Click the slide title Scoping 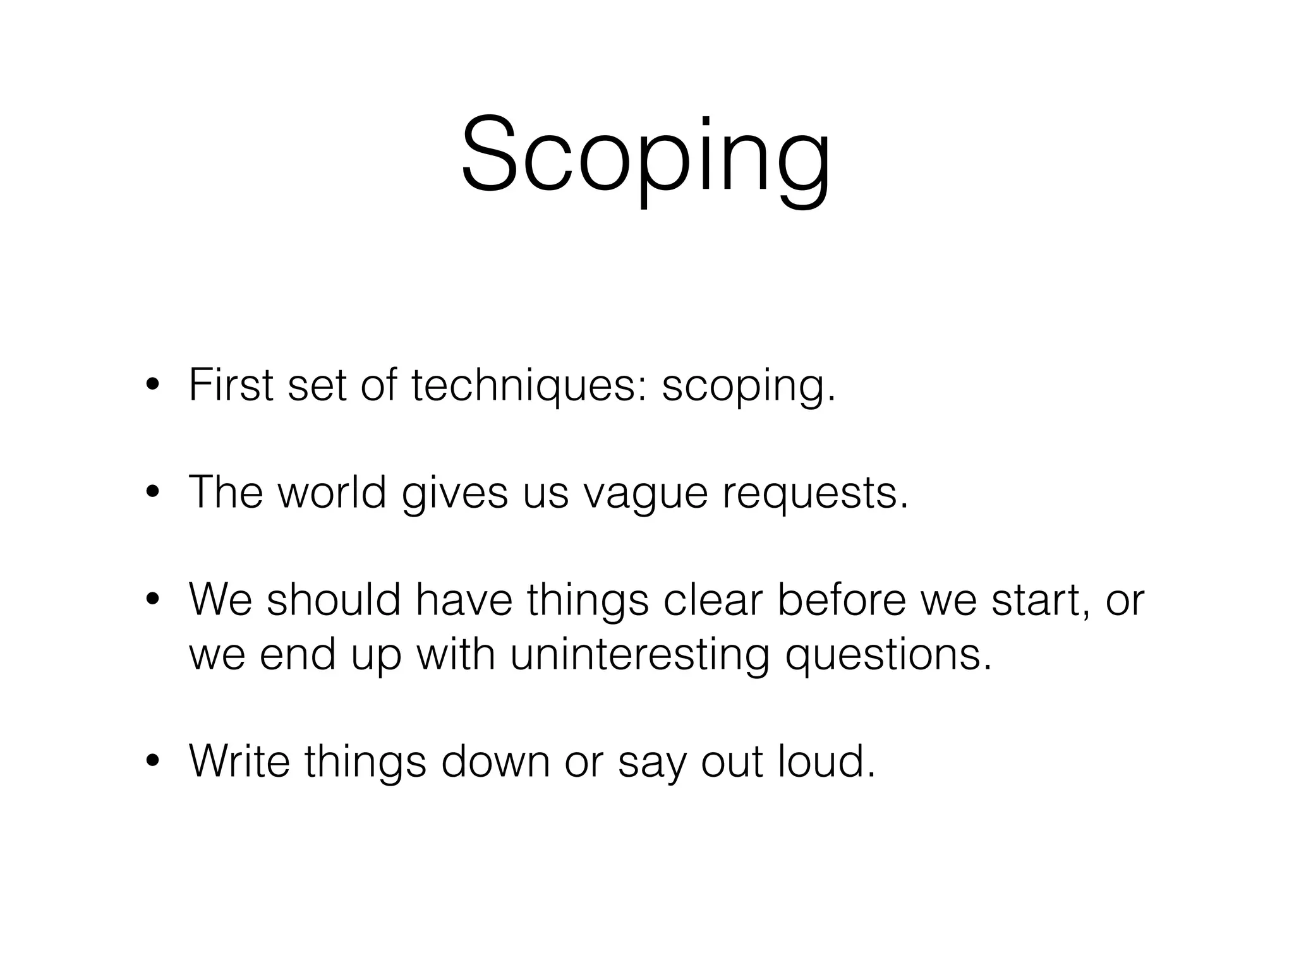646,157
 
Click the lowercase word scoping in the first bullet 749,387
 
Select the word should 334,599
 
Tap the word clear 713,599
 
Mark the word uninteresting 639,655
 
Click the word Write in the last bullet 239,761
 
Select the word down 496,761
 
